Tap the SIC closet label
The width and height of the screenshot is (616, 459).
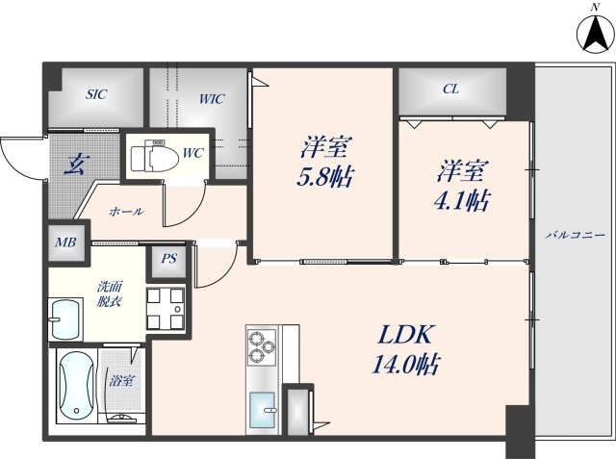96,94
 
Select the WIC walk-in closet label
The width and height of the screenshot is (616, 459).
213,98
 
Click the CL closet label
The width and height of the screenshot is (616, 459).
449,89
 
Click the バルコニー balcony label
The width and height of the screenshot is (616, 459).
574,235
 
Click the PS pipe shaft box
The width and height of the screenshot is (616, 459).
168,257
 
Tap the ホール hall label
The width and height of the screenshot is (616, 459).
126,211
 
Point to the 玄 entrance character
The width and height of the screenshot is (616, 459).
72,164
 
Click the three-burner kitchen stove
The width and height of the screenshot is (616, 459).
262,346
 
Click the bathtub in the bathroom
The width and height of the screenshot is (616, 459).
75,389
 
